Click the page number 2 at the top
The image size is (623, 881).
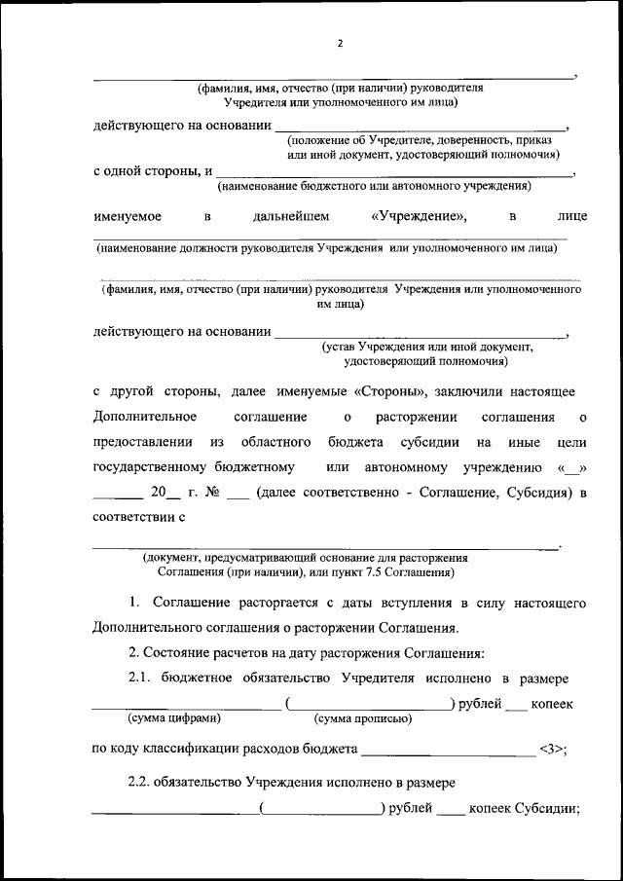pyautogui.click(x=341, y=43)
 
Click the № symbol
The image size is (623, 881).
pyautogui.click(x=208, y=494)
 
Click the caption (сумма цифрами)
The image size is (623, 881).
pyautogui.click(x=174, y=718)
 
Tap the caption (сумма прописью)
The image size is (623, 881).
pyautogui.click(x=362, y=718)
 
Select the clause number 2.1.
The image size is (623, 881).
pyautogui.click(x=143, y=677)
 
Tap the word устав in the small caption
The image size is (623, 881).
pyautogui.click(x=340, y=347)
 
